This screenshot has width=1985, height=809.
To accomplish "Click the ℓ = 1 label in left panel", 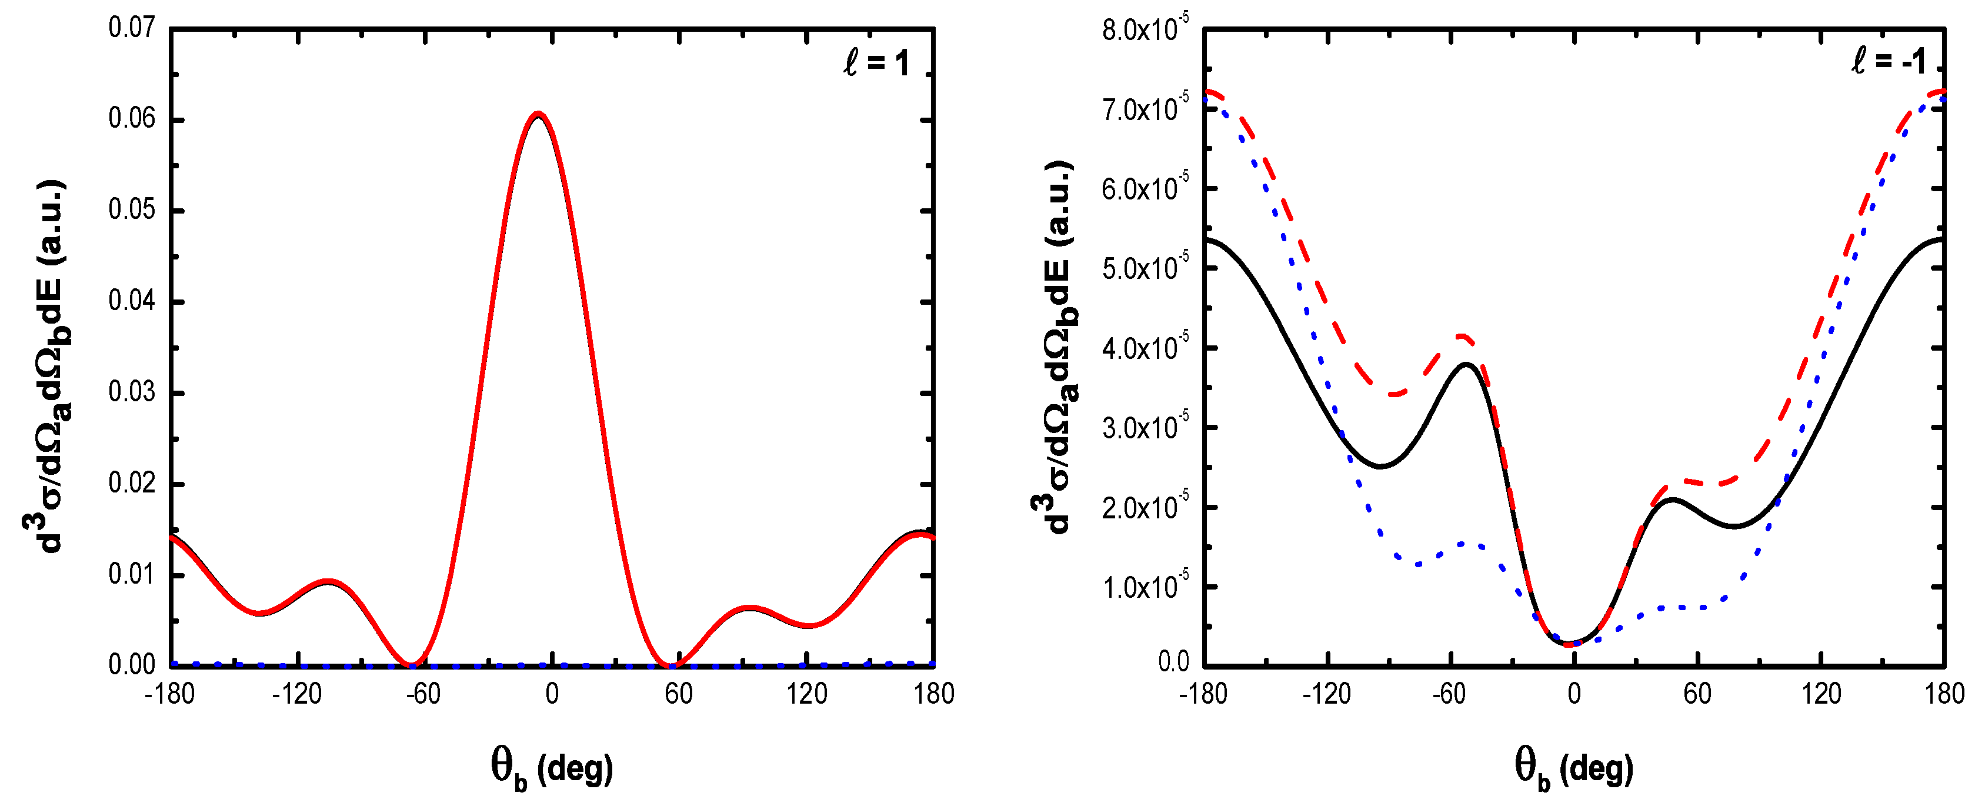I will coord(876,62).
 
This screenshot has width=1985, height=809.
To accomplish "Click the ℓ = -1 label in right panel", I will coord(1888,60).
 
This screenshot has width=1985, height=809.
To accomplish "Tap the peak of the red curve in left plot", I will coord(538,114).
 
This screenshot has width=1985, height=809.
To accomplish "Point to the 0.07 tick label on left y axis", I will coord(132,28).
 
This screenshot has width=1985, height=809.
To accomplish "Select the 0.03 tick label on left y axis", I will coord(132,392).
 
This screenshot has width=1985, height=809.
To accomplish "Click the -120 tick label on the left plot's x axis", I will coord(296,694).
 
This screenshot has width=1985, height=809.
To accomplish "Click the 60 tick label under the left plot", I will coord(679,694).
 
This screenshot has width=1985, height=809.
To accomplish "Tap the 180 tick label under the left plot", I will coord(933,694).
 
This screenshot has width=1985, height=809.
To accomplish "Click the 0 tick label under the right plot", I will coord(1573,694).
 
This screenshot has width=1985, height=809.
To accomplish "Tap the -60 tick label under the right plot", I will coord(1449,694).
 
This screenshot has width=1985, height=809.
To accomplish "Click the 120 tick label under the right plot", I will coord(1821,694).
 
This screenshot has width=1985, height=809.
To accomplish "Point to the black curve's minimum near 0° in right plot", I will coord(1570,644).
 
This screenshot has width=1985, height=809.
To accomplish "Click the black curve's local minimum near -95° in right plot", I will coord(1381,466).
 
